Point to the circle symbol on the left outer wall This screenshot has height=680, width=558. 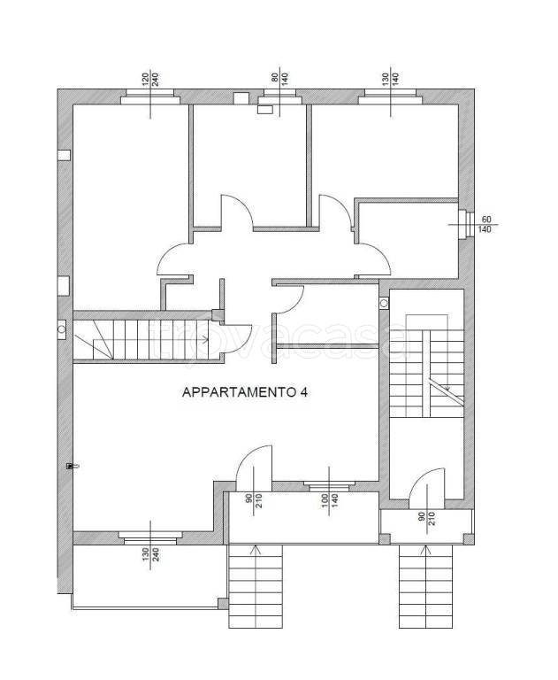point(60,328)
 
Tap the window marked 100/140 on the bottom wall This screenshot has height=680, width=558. point(330,484)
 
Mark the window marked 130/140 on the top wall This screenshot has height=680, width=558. point(389,99)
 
